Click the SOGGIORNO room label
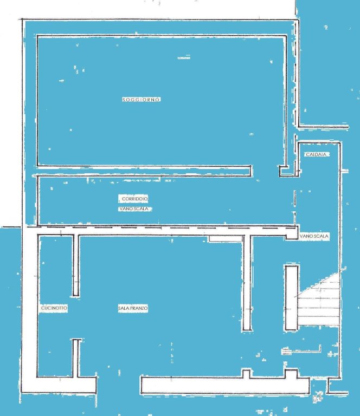point(142,100)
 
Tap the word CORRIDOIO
point(135,199)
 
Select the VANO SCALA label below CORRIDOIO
point(134,209)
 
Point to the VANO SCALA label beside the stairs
point(314,236)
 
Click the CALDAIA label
point(316,154)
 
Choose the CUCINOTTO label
point(54,308)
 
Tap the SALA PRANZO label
point(133,308)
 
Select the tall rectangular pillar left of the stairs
point(292,298)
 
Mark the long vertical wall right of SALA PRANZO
point(247,283)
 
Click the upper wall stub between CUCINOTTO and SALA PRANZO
point(76,265)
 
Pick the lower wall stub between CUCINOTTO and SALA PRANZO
point(76,358)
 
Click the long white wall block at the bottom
point(225,385)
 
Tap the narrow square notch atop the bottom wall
point(246,374)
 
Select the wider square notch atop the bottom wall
point(291,373)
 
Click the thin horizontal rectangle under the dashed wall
point(226,238)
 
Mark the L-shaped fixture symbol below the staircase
point(301,350)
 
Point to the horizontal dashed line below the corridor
point(162,227)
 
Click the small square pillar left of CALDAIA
point(283,171)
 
